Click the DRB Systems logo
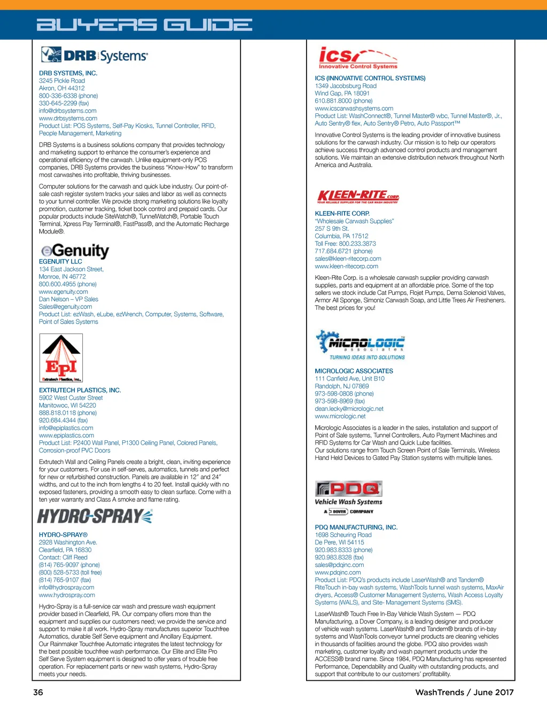click(95, 56)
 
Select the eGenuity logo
click(75, 251)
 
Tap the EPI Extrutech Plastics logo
click(61, 357)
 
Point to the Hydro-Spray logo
click(95, 516)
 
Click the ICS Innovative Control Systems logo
click(358, 58)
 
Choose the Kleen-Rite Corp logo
click(358, 197)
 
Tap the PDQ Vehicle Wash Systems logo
click(349, 497)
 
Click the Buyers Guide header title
click(144, 25)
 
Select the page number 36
click(38, 693)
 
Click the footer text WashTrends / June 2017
click(464, 693)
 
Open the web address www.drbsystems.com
click(68, 119)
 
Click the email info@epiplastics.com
click(66, 428)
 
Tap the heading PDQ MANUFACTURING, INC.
click(356, 527)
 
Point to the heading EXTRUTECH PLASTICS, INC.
click(80, 391)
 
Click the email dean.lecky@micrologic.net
click(349, 409)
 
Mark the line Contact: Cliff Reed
click(63, 557)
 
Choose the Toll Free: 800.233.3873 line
click(345, 244)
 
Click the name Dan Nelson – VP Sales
click(68, 299)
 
